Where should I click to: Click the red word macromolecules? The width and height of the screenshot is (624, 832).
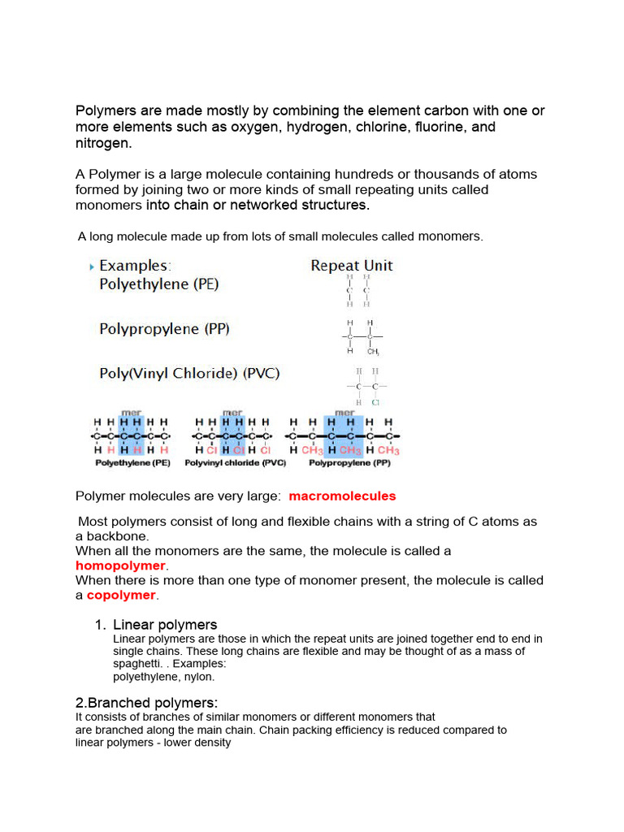coord(342,496)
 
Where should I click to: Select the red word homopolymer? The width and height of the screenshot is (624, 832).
coord(120,565)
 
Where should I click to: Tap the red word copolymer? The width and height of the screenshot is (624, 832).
coord(121,595)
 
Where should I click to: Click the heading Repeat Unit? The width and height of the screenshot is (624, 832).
coord(351,266)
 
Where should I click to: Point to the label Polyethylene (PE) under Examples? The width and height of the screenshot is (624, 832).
coord(158,284)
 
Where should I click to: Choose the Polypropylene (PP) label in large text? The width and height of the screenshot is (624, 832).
coord(164,329)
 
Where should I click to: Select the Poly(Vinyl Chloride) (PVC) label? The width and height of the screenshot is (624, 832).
coord(188,374)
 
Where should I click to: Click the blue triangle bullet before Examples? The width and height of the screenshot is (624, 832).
coord(91,266)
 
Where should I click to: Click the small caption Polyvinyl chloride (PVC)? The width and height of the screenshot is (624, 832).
coord(235,463)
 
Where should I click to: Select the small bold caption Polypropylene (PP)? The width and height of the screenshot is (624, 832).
coord(350,463)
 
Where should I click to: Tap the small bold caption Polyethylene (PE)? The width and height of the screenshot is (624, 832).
coord(132,463)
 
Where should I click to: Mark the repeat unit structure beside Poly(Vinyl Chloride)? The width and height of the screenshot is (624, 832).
coord(366,386)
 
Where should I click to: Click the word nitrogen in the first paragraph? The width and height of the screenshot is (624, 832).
coord(102,143)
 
